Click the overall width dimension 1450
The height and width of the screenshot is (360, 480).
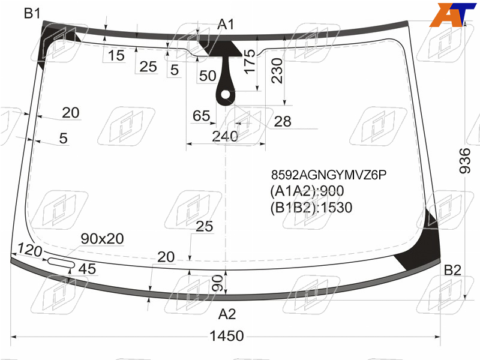point(227,336)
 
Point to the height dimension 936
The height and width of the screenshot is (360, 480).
point(464,161)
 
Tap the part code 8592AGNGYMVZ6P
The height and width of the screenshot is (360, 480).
point(329,175)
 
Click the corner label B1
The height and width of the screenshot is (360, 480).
point(32,13)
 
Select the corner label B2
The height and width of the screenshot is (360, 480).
point(452,270)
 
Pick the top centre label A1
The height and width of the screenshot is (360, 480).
point(226,24)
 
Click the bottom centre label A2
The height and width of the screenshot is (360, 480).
point(227,314)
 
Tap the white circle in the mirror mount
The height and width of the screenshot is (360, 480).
point(226,95)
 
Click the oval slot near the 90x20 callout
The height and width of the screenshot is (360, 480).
point(61,263)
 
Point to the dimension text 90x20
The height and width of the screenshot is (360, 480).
point(102,238)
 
